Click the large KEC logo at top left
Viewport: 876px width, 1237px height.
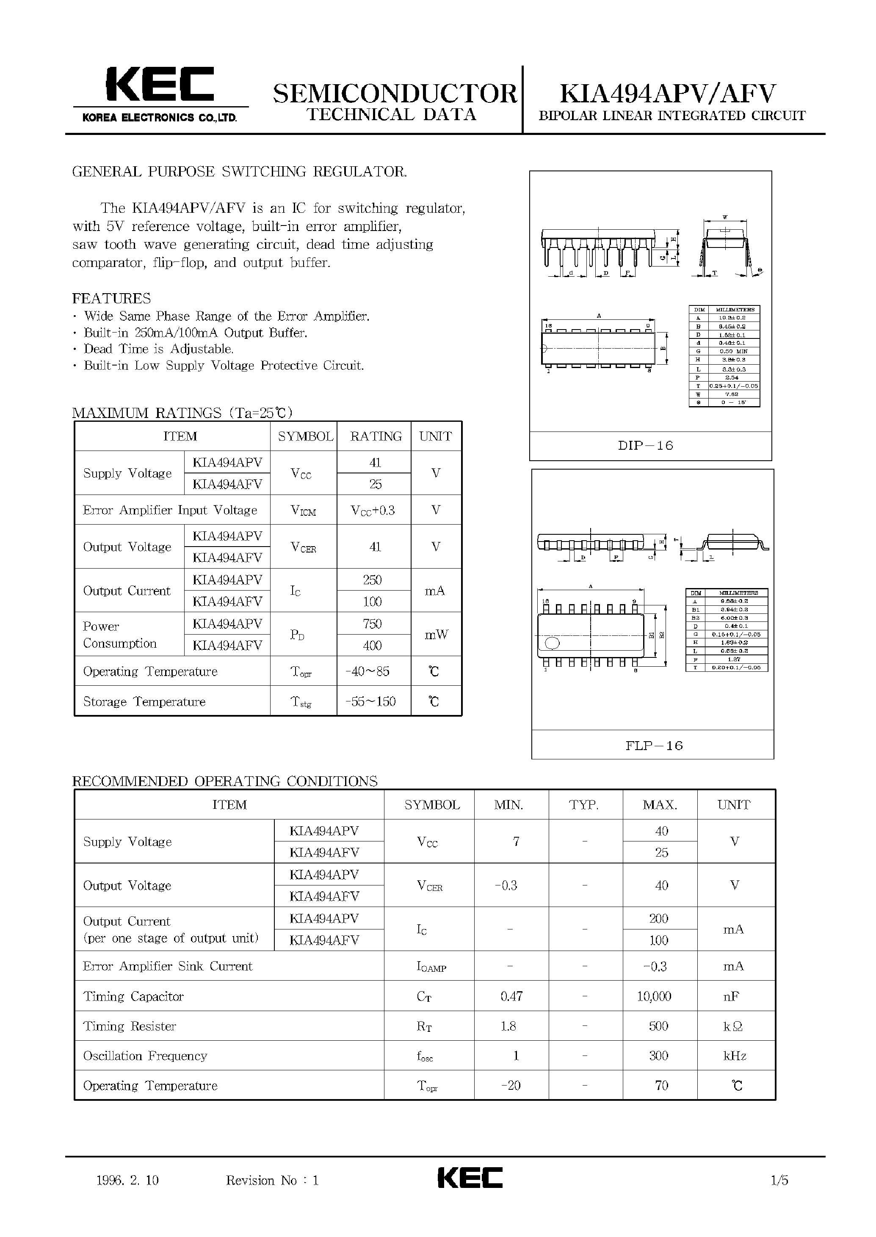point(160,85)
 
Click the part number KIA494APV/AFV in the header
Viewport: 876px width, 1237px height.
point(667,94)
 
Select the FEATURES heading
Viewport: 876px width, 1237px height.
point(112,298)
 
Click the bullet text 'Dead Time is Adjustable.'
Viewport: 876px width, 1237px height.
point(159,349)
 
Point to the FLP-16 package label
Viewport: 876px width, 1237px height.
point(654,745)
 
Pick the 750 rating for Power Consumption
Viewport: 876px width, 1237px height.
point(372,624)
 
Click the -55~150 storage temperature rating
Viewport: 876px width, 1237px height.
point(370,701)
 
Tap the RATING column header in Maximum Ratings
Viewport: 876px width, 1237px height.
point(376,436)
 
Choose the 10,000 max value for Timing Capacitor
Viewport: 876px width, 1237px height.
point(654,996)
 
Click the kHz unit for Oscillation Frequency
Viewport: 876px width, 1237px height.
point(734,1056)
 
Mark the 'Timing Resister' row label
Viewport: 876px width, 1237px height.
point(130,1026)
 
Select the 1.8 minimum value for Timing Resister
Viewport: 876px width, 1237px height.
point(508,1026)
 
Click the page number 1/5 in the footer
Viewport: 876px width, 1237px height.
point(779,1180)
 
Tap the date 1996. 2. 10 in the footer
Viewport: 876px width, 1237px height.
point(127,1180)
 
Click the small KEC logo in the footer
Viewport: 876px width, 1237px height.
point(470,1178)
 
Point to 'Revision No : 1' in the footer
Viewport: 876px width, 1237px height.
point(272,1180)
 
